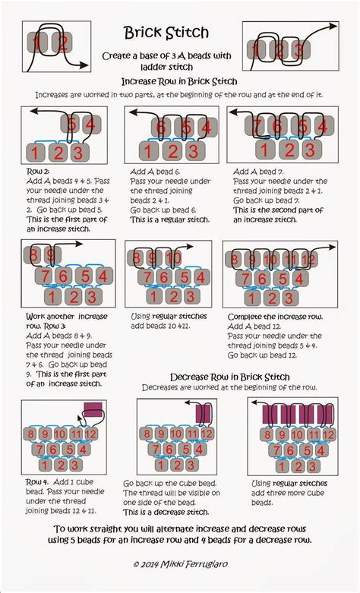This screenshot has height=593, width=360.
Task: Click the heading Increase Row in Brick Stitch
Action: click(180, 81)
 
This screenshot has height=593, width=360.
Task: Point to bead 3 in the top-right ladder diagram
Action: click(302, 49)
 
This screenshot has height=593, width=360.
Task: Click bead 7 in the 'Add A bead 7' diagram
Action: click(258, 126)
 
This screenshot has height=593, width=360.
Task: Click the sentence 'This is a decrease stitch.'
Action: click(163, 513)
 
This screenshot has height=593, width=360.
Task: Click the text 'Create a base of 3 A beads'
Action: click(180, 57)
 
